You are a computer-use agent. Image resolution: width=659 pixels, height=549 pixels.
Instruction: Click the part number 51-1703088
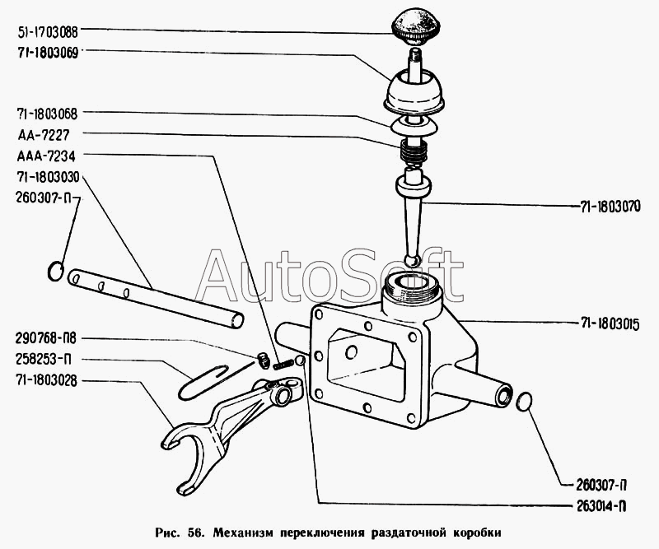[x=47, y=33]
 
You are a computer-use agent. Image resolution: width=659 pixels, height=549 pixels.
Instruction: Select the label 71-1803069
[x=46, y=51]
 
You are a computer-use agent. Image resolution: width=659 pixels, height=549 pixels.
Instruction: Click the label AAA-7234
[x=40, y=155]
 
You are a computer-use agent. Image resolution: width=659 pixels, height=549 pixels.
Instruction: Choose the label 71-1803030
[x=46, y=176]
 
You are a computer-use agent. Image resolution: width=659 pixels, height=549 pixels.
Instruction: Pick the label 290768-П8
[x=47, y=338]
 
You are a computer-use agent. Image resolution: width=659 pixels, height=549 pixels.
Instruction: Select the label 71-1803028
[x=46, y=380]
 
